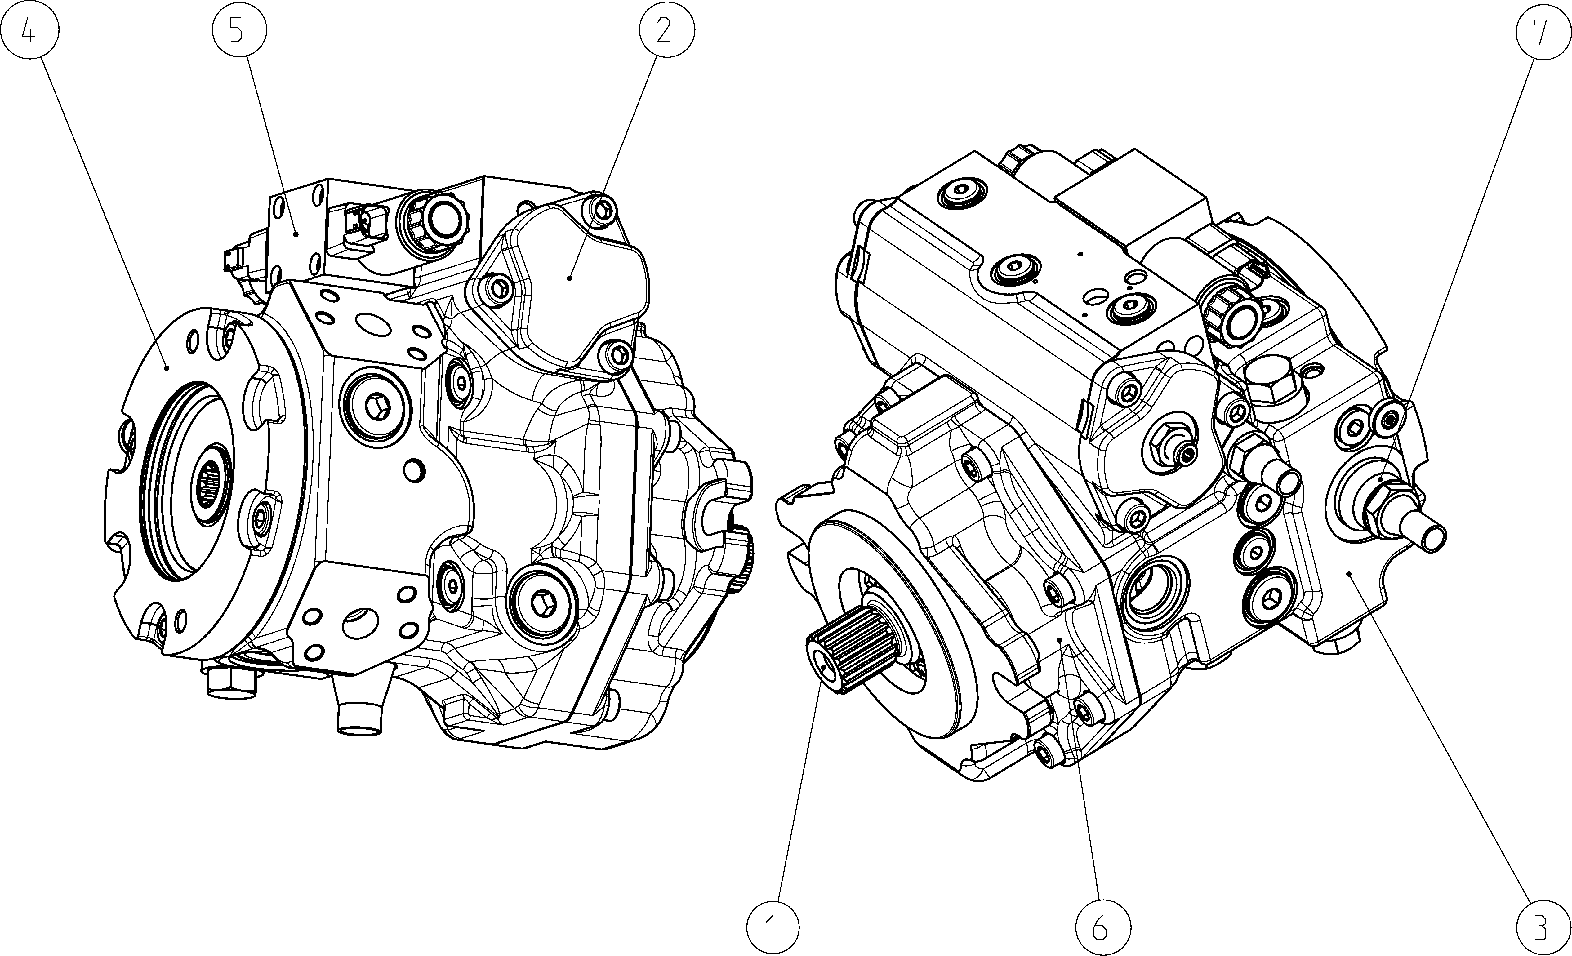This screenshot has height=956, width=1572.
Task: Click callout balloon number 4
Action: (30, 30)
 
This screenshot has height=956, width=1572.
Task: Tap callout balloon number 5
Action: (239, 30)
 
